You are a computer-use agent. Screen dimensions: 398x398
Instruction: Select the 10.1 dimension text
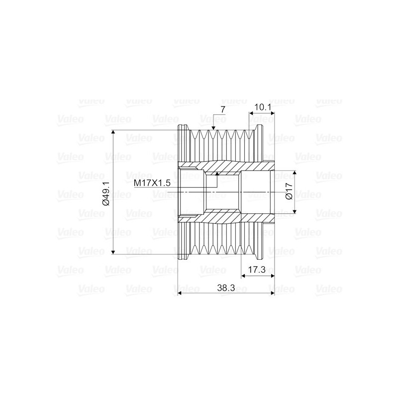click(262, 107)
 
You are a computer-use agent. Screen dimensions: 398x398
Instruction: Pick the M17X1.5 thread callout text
click(152, 183)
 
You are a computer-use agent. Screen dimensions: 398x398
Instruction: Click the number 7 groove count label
click(222, 109)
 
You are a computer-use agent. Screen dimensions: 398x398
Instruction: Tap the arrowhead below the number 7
click(213, 128)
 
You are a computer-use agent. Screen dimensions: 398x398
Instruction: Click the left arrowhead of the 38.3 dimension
click(180, 294)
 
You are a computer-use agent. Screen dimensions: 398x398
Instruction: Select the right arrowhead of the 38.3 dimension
click(272, 294)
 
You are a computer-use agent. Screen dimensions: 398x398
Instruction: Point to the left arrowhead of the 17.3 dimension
click(243, 275)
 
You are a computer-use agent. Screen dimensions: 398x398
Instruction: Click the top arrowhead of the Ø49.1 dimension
click(114, 133)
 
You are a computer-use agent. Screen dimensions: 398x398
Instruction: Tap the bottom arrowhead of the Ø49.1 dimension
click(114, 252)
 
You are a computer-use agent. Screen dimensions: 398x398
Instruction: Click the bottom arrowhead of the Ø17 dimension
click(295, 211)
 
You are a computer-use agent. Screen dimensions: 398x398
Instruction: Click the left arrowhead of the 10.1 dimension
click(251, 114)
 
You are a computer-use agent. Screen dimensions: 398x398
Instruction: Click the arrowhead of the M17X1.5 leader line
click(217, 174)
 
